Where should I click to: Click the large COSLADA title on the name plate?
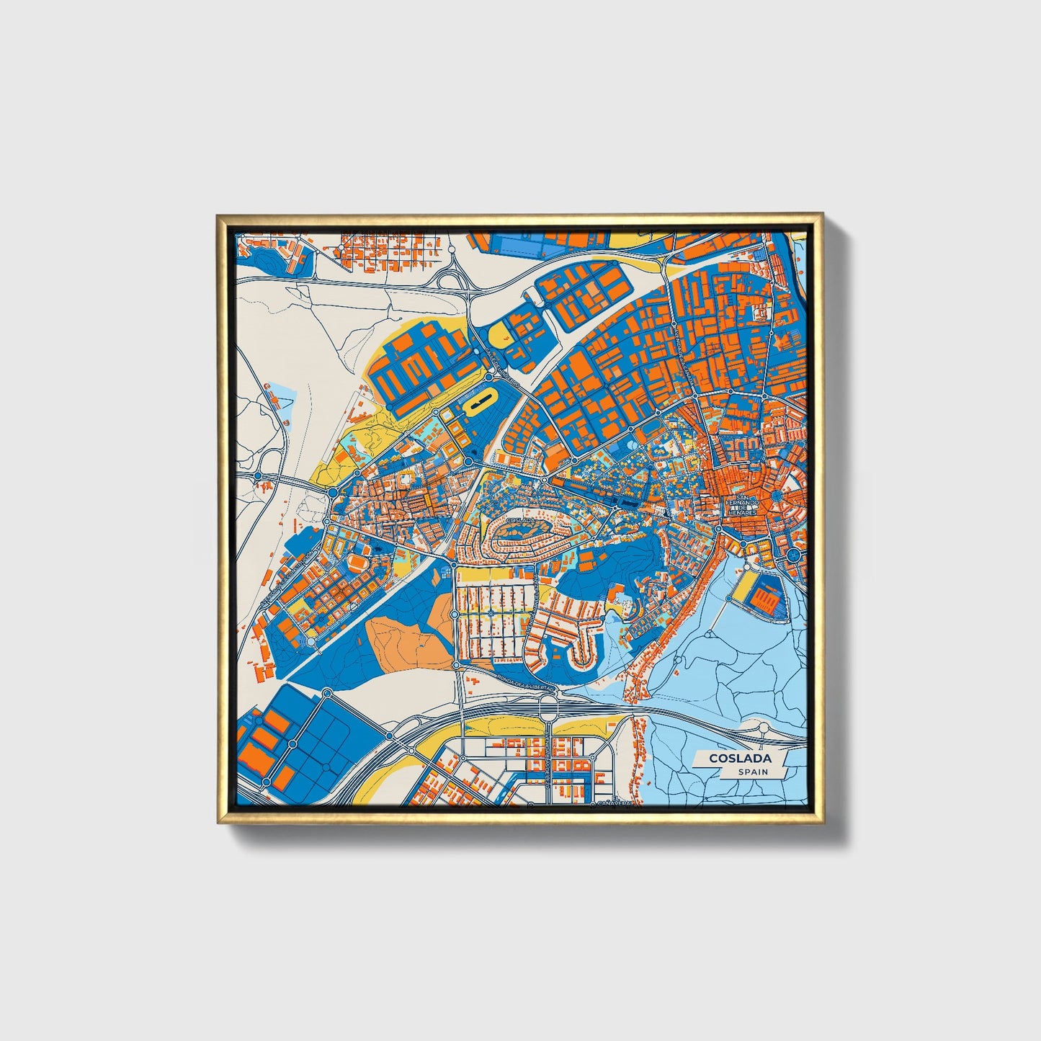click(740, 758)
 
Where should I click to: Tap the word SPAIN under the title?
click(752, 772)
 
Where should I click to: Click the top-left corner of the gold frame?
click(217, 214)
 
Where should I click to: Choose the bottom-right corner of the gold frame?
click(822, 822)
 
